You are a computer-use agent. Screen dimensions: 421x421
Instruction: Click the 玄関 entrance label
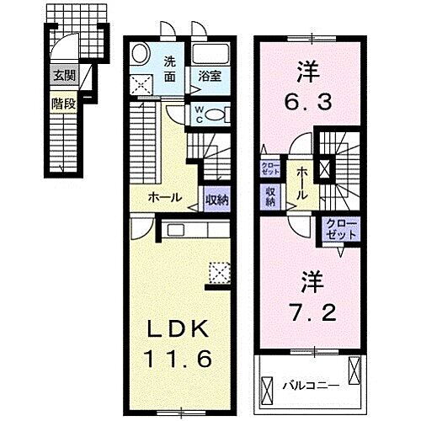(65, 76)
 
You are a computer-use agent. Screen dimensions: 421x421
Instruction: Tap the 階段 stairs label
(65, 106)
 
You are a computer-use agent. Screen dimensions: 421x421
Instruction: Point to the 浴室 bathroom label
(210, 75)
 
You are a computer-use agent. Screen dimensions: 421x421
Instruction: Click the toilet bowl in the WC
(216, 116)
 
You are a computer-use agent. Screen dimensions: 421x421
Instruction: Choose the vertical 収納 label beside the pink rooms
(271, 195)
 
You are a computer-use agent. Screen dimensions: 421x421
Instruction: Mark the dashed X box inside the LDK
(219, 272)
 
